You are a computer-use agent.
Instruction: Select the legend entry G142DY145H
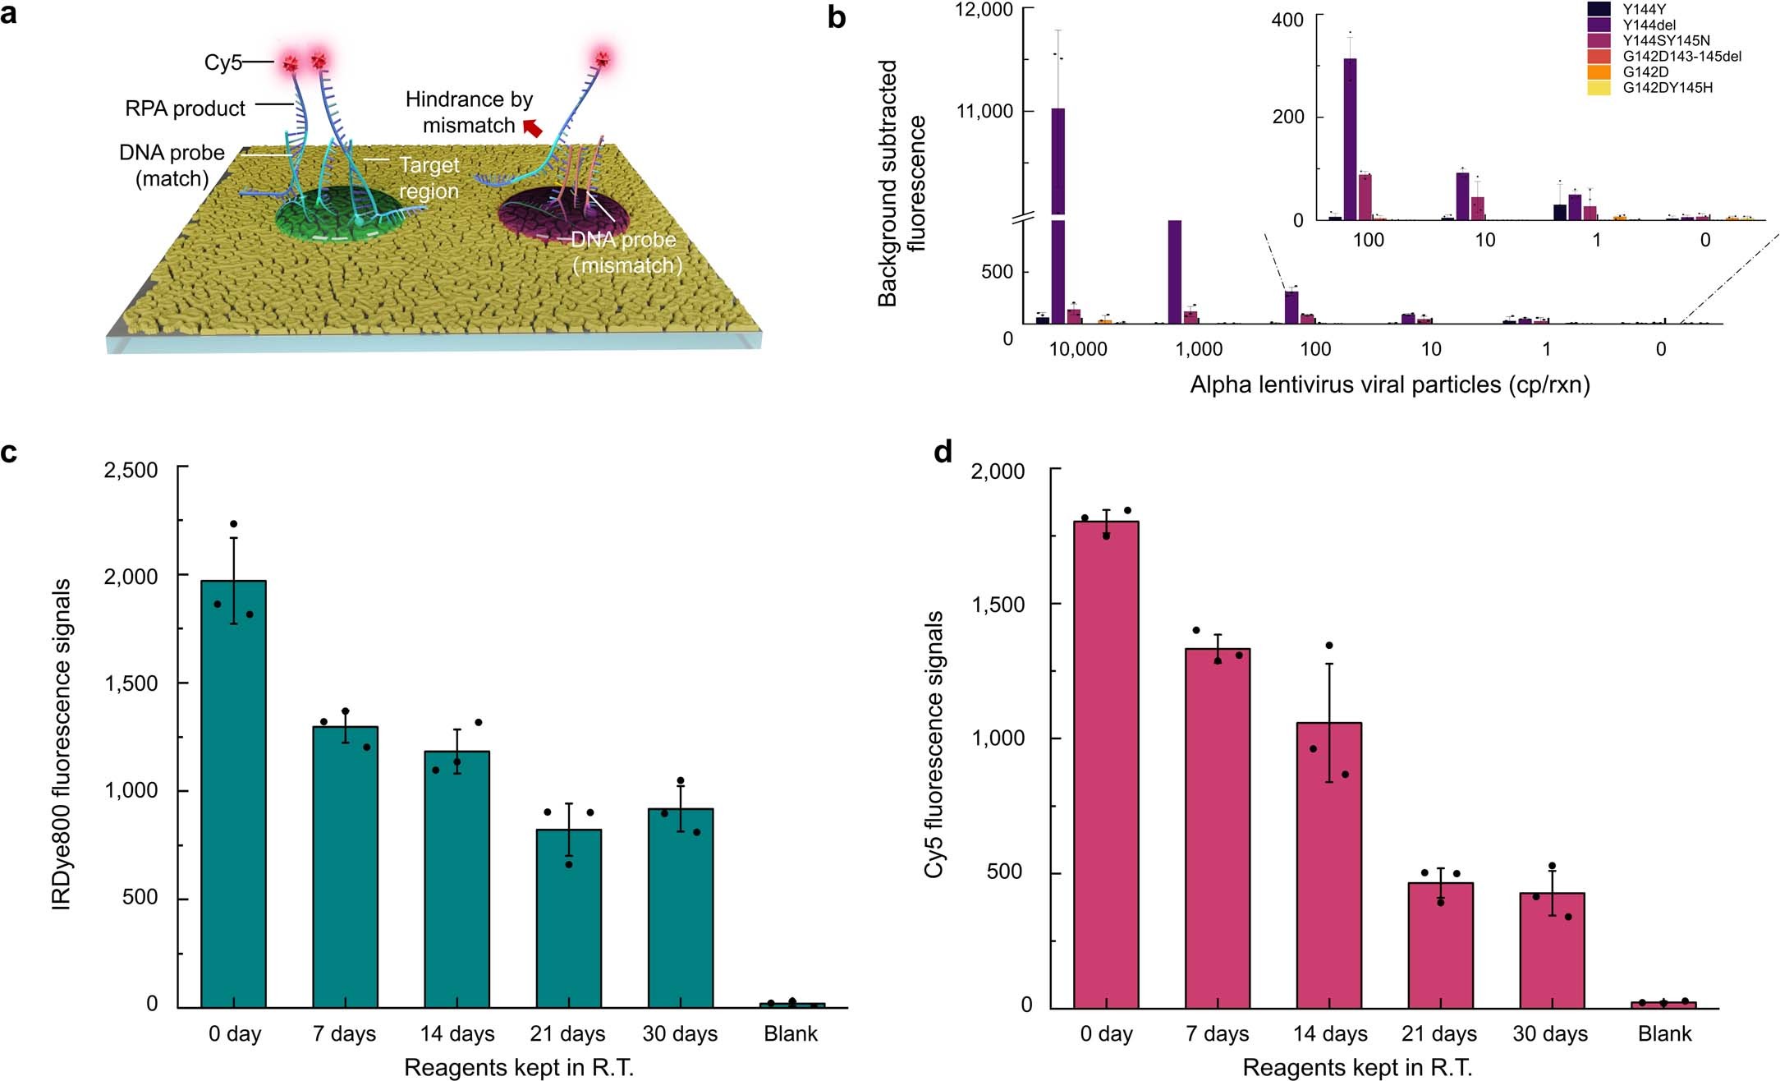click(1668, 88)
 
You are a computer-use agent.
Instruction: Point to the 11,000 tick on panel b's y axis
click(984, 111)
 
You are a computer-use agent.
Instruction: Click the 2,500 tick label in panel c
click(131, 470)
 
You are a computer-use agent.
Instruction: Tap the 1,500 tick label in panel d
click(998, 605)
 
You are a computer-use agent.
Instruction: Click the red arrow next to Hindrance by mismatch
click(533, 128)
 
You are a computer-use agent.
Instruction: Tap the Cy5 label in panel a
click(222, 62)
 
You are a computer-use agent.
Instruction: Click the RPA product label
click(185, 108)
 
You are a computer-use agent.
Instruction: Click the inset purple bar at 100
click(1350, 140)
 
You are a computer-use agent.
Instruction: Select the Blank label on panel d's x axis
click(1664, 1033)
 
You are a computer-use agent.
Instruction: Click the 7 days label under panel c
click(344, 1033)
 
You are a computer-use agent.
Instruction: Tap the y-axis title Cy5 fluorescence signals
click(934, 744)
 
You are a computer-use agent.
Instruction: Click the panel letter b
click(836, 18)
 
